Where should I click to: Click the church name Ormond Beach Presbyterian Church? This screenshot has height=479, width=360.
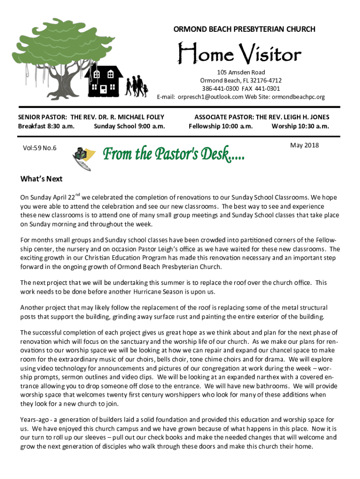(245, 29)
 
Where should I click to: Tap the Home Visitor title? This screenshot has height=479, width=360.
(238, 55)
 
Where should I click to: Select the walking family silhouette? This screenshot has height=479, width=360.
(137, 85)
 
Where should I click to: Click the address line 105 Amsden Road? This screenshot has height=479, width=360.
(241, 73)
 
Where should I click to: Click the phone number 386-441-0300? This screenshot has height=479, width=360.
(219, 89)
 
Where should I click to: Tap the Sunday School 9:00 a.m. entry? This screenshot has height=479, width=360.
(130, 126)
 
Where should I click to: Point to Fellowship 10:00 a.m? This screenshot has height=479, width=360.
(221, 126)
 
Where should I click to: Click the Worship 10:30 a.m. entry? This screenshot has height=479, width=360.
(300, 126)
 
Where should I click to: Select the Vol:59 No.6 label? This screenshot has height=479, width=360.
(40, 148)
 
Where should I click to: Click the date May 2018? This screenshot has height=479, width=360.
(304, 145)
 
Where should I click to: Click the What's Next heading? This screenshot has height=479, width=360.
(42, 179)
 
